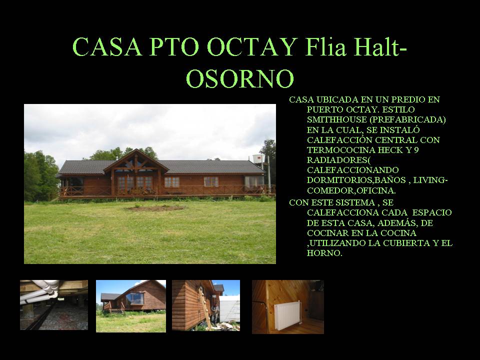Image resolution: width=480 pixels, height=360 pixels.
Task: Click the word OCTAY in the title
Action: (x=252, y=47)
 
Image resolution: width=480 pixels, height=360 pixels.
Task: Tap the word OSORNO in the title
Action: (x=240, y=78)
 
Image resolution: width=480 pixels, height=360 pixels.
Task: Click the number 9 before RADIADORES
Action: (x=416, y=150)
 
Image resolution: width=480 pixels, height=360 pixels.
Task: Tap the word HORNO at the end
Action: (x=324, y=253)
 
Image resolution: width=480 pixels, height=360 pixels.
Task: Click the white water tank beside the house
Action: (x=258, y=159)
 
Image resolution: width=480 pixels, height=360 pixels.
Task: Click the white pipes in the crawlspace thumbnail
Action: (x=40, y=291)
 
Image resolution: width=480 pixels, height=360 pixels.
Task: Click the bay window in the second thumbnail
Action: (x=134, y=299)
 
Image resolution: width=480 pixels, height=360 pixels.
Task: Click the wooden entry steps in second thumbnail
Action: (x=116, y=311)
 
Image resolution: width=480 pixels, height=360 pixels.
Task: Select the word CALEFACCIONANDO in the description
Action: (x=353, y=170)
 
